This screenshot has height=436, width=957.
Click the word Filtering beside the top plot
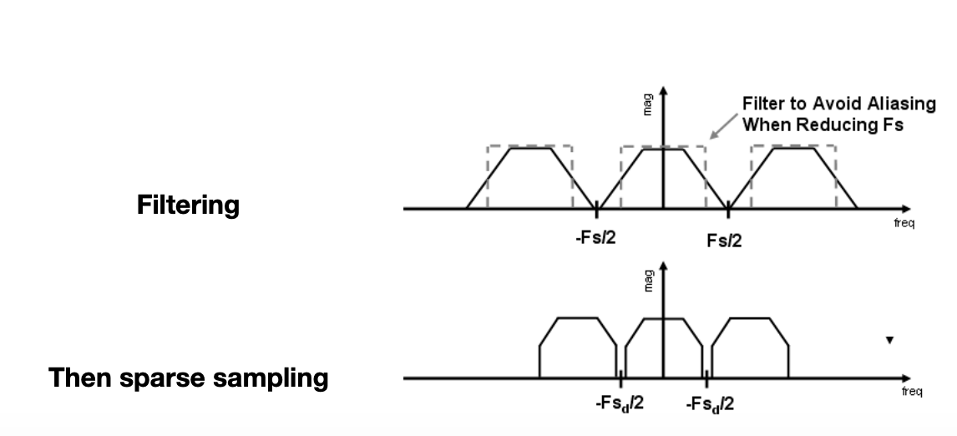click(x=188, y=205)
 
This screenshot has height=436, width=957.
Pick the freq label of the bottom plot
click(x=912, y=391)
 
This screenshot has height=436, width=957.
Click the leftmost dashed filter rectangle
click(x=530, y=146)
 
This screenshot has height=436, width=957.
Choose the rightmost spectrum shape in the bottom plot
click(x=749, y=347)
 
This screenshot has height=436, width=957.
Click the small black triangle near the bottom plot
click(x=889, y=341)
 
